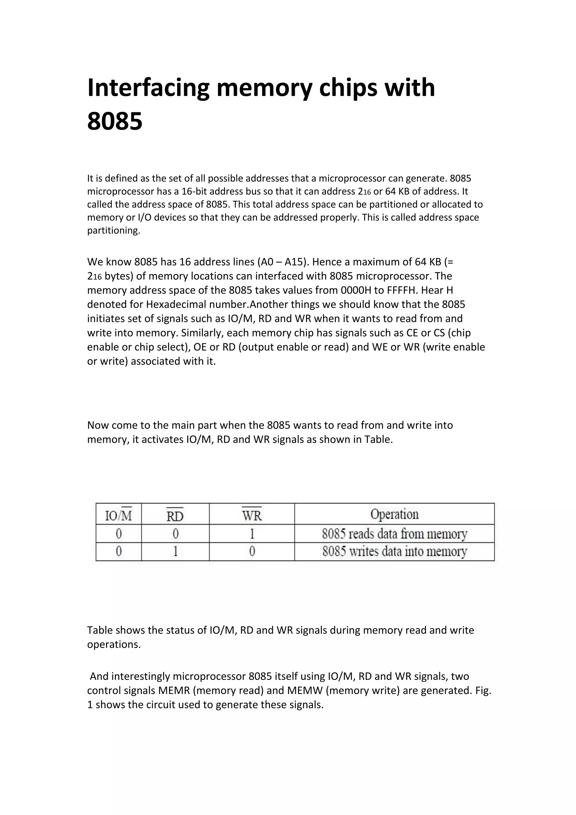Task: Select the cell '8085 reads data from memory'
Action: pos(394,534)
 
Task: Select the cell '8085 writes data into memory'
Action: pos(394,552)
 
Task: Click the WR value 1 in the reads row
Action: pos(252,534)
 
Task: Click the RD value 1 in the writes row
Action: pos(175,552)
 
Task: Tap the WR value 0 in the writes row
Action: pos(252,552)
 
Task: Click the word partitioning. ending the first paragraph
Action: pos(114,230)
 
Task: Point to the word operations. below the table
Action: pos(114,644)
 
